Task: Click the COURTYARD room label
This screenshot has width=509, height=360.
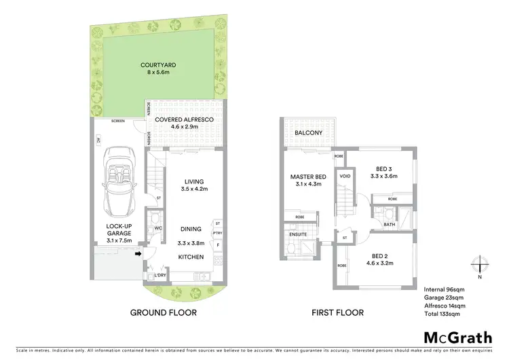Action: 155,66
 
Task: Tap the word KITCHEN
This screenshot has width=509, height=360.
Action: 191,257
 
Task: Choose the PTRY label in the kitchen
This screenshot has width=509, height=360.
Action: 217,232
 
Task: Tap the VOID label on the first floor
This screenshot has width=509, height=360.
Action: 345,175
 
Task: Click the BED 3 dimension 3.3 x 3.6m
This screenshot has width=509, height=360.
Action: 385,176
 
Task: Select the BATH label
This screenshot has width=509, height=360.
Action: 389,223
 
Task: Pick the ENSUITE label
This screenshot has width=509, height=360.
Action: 299,234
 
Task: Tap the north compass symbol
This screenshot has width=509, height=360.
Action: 480,265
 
